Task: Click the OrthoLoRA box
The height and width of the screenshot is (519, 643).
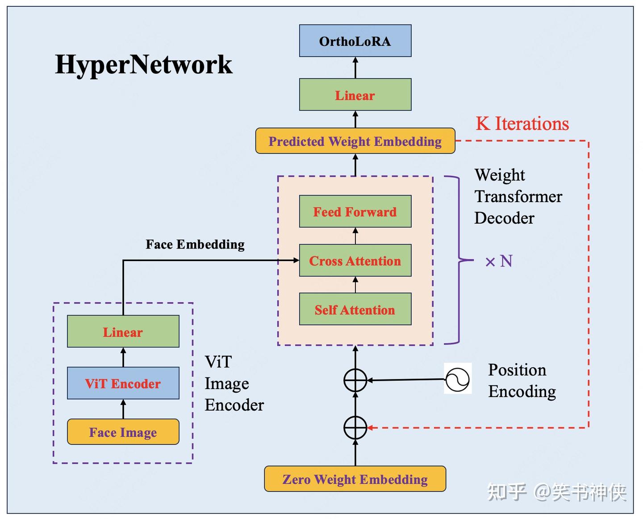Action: (355, 41)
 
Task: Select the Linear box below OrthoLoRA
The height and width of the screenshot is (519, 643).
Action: (355, 95)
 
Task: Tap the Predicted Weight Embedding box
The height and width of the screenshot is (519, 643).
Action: (355, 141)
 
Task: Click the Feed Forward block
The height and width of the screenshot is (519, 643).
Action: (355, 212)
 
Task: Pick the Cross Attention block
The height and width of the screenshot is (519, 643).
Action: (355, 261)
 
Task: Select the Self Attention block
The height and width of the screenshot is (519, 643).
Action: (355, 309)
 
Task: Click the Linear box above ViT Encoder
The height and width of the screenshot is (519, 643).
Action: (123, 332)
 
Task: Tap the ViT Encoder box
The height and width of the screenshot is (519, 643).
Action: (123, 383)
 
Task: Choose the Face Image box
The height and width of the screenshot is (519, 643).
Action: (123, 432)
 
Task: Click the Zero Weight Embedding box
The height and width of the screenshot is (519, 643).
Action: (355, 479)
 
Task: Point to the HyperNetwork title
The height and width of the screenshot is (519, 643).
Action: (143, 64)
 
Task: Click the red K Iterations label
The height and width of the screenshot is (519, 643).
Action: (522, 124)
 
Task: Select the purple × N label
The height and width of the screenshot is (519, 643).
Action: (499, 261)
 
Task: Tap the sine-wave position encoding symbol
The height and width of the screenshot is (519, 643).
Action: (458, 379)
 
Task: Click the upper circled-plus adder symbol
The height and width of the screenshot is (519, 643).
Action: (355, 381)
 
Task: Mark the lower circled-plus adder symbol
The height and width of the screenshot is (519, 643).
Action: (355, 428)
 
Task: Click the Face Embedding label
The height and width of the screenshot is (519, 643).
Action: (195, 245)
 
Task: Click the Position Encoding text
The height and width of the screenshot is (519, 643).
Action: (522, 381)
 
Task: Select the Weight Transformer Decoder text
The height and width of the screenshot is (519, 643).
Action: (518, 196)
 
